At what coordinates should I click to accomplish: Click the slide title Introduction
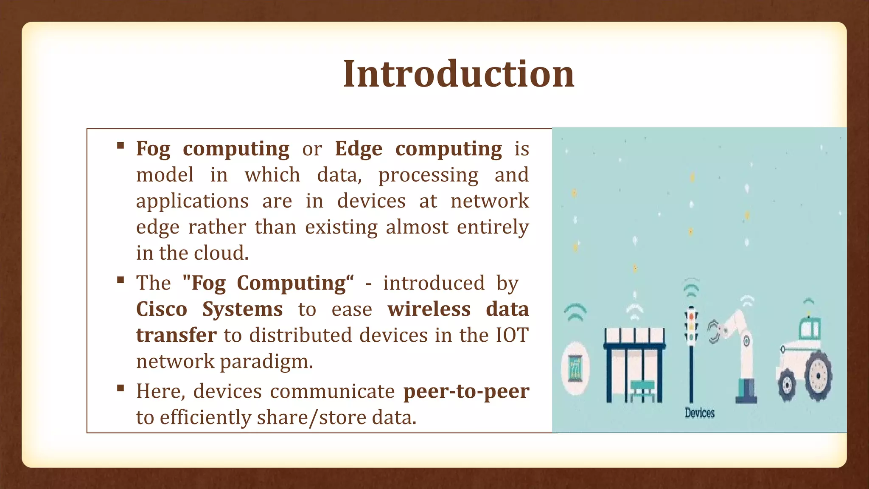pos(458,74)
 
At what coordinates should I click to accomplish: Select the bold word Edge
pos(359,149)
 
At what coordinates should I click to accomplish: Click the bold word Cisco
pos(162,309)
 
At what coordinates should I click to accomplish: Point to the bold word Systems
pos(242,309)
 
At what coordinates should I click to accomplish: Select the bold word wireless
pos(429,309)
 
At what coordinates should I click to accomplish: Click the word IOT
pos(512,335)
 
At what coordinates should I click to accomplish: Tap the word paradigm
pos(266,362)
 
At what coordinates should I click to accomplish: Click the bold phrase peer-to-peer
pos(466,391)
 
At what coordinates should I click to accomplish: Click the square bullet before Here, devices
pos(121,388)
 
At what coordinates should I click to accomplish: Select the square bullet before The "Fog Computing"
pos(121,280)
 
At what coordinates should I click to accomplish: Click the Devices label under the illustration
pos(700,413)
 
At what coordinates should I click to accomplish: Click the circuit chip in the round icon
pos(575,367)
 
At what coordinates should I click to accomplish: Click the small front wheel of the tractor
pos(788,385)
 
